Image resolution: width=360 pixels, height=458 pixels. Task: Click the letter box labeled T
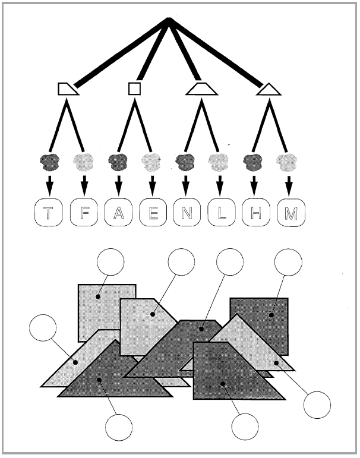[x=49, y=212]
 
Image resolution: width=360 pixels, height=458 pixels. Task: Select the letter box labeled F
[x=84, y=212]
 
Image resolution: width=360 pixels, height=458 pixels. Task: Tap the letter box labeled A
[x=118, y=212]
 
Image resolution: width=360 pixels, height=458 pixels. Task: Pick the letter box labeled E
[x=153, y=212]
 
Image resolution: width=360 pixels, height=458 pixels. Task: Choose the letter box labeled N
[x=187, y=212]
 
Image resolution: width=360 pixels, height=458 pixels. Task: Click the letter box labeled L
[x=221, y=212]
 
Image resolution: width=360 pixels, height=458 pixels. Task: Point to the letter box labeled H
[x=256, y=212]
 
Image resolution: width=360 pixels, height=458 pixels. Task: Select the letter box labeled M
[x=291, y=212]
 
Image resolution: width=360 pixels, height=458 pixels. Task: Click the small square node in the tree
[x=134, y=89]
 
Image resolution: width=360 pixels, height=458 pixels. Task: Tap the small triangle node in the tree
[x=269, y=90]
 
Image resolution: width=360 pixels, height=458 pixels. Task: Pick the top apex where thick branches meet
[x=169, y=19]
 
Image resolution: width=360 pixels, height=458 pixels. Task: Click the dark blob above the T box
[x=50, y=162]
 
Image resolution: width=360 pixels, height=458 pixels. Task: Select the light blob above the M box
[x=287, y=162]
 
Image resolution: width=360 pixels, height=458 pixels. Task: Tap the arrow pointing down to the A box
[x=118, y=186]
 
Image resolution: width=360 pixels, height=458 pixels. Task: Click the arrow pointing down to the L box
[x=220, y=186]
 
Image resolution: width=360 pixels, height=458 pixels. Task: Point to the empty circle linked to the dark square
[x=288, y=262]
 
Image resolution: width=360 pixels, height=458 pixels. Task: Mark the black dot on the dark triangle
[x=99, y=380]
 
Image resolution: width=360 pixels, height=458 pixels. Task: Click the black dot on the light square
[x=98, y=297]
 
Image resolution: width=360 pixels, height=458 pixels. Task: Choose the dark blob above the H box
[x=253, y=162]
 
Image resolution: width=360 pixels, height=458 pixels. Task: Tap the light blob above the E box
[x=151, y=162]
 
